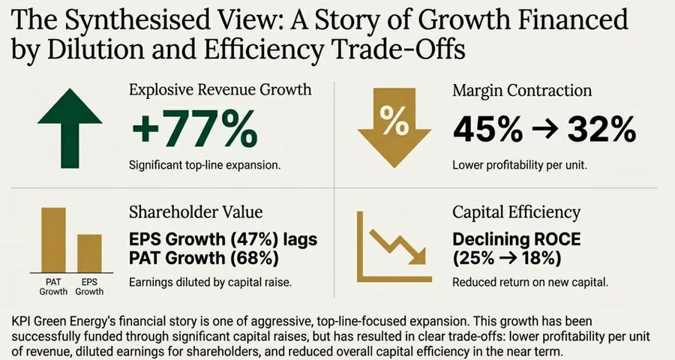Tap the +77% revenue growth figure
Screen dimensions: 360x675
[x=193, y=130]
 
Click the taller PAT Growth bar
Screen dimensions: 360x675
[x=52, y=239]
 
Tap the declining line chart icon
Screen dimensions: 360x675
[x=391, y=248]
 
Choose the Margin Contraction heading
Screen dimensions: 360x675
[x=522, y=91]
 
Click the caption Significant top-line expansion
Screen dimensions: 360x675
[x=204, y=164]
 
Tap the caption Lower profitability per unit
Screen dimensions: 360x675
[x=519, y=164]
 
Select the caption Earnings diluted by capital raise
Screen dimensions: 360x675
[x=211, y=283]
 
